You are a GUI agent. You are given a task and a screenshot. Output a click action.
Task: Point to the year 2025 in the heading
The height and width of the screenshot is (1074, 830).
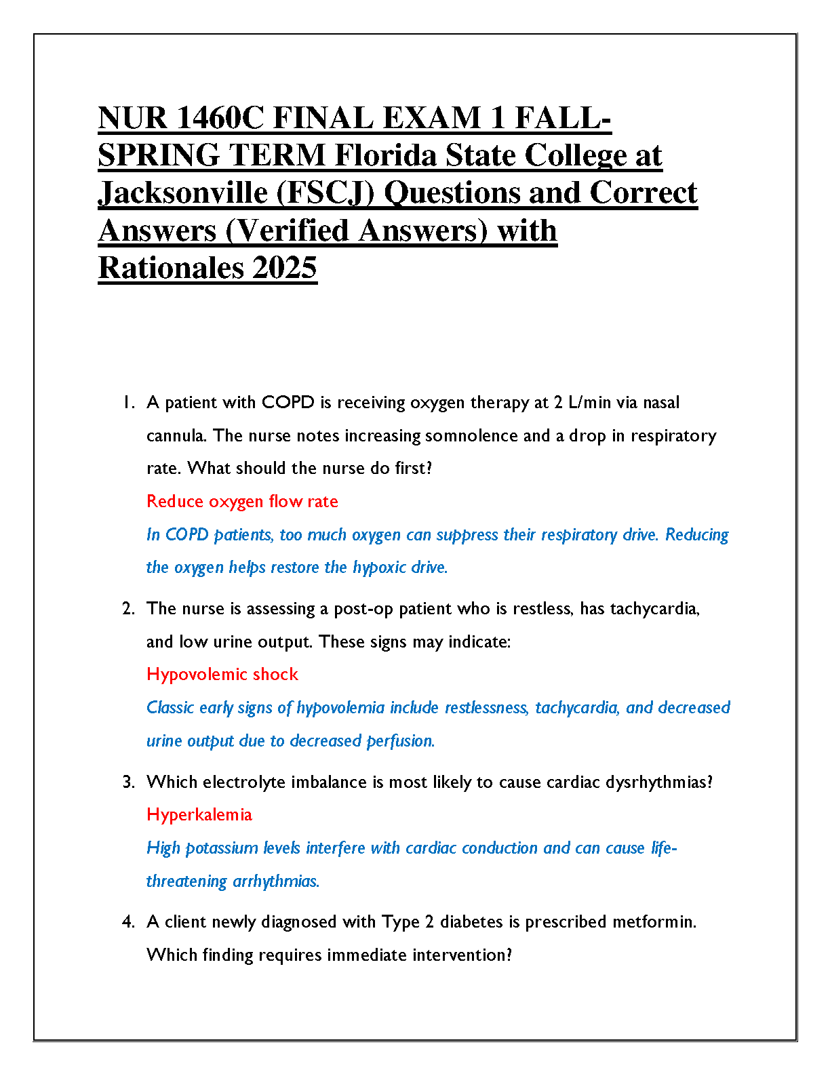(285, 268)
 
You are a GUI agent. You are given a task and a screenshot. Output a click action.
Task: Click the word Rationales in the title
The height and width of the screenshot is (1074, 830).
(171, 268)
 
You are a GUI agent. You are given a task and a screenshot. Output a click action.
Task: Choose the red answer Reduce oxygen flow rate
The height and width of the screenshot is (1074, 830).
(242, 502)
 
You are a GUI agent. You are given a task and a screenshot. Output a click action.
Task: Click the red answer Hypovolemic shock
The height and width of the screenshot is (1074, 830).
(222, 675)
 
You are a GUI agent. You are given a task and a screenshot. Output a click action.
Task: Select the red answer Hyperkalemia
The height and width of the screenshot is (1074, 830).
(199, 815)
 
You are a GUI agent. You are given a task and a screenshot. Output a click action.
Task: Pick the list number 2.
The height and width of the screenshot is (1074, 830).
(128, 609)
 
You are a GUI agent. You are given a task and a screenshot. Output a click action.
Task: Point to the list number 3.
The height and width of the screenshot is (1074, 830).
(128, 782)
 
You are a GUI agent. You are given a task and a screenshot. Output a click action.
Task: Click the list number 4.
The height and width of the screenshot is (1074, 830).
(128, 922)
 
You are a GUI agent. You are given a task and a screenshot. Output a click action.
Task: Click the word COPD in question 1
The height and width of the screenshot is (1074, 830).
(288, 403)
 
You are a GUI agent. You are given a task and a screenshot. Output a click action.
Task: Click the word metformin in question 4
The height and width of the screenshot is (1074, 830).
(654, 922)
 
